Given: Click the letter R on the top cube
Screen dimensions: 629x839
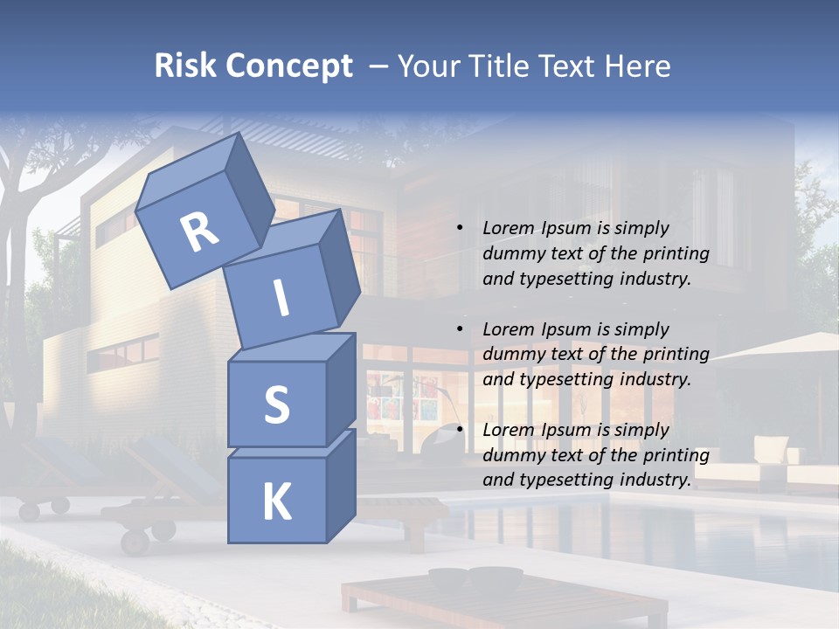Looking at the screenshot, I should (x=199, y=233).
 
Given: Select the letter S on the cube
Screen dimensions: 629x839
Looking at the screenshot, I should (x=276, y=405).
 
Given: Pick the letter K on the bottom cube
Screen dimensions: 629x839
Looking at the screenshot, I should (x=276, y=502).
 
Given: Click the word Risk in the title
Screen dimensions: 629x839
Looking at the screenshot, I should (x=183, y=66).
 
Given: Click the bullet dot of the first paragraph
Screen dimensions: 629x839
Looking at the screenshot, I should (x=460, y=229).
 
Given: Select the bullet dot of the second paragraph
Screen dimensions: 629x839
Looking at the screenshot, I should (x=460, y=330).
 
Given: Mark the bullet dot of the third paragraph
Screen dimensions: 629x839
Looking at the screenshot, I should (x=460, y=431).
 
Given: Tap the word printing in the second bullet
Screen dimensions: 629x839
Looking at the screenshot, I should (x=677, y=355).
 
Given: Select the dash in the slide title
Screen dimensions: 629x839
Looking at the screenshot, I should (x=378, y=66).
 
